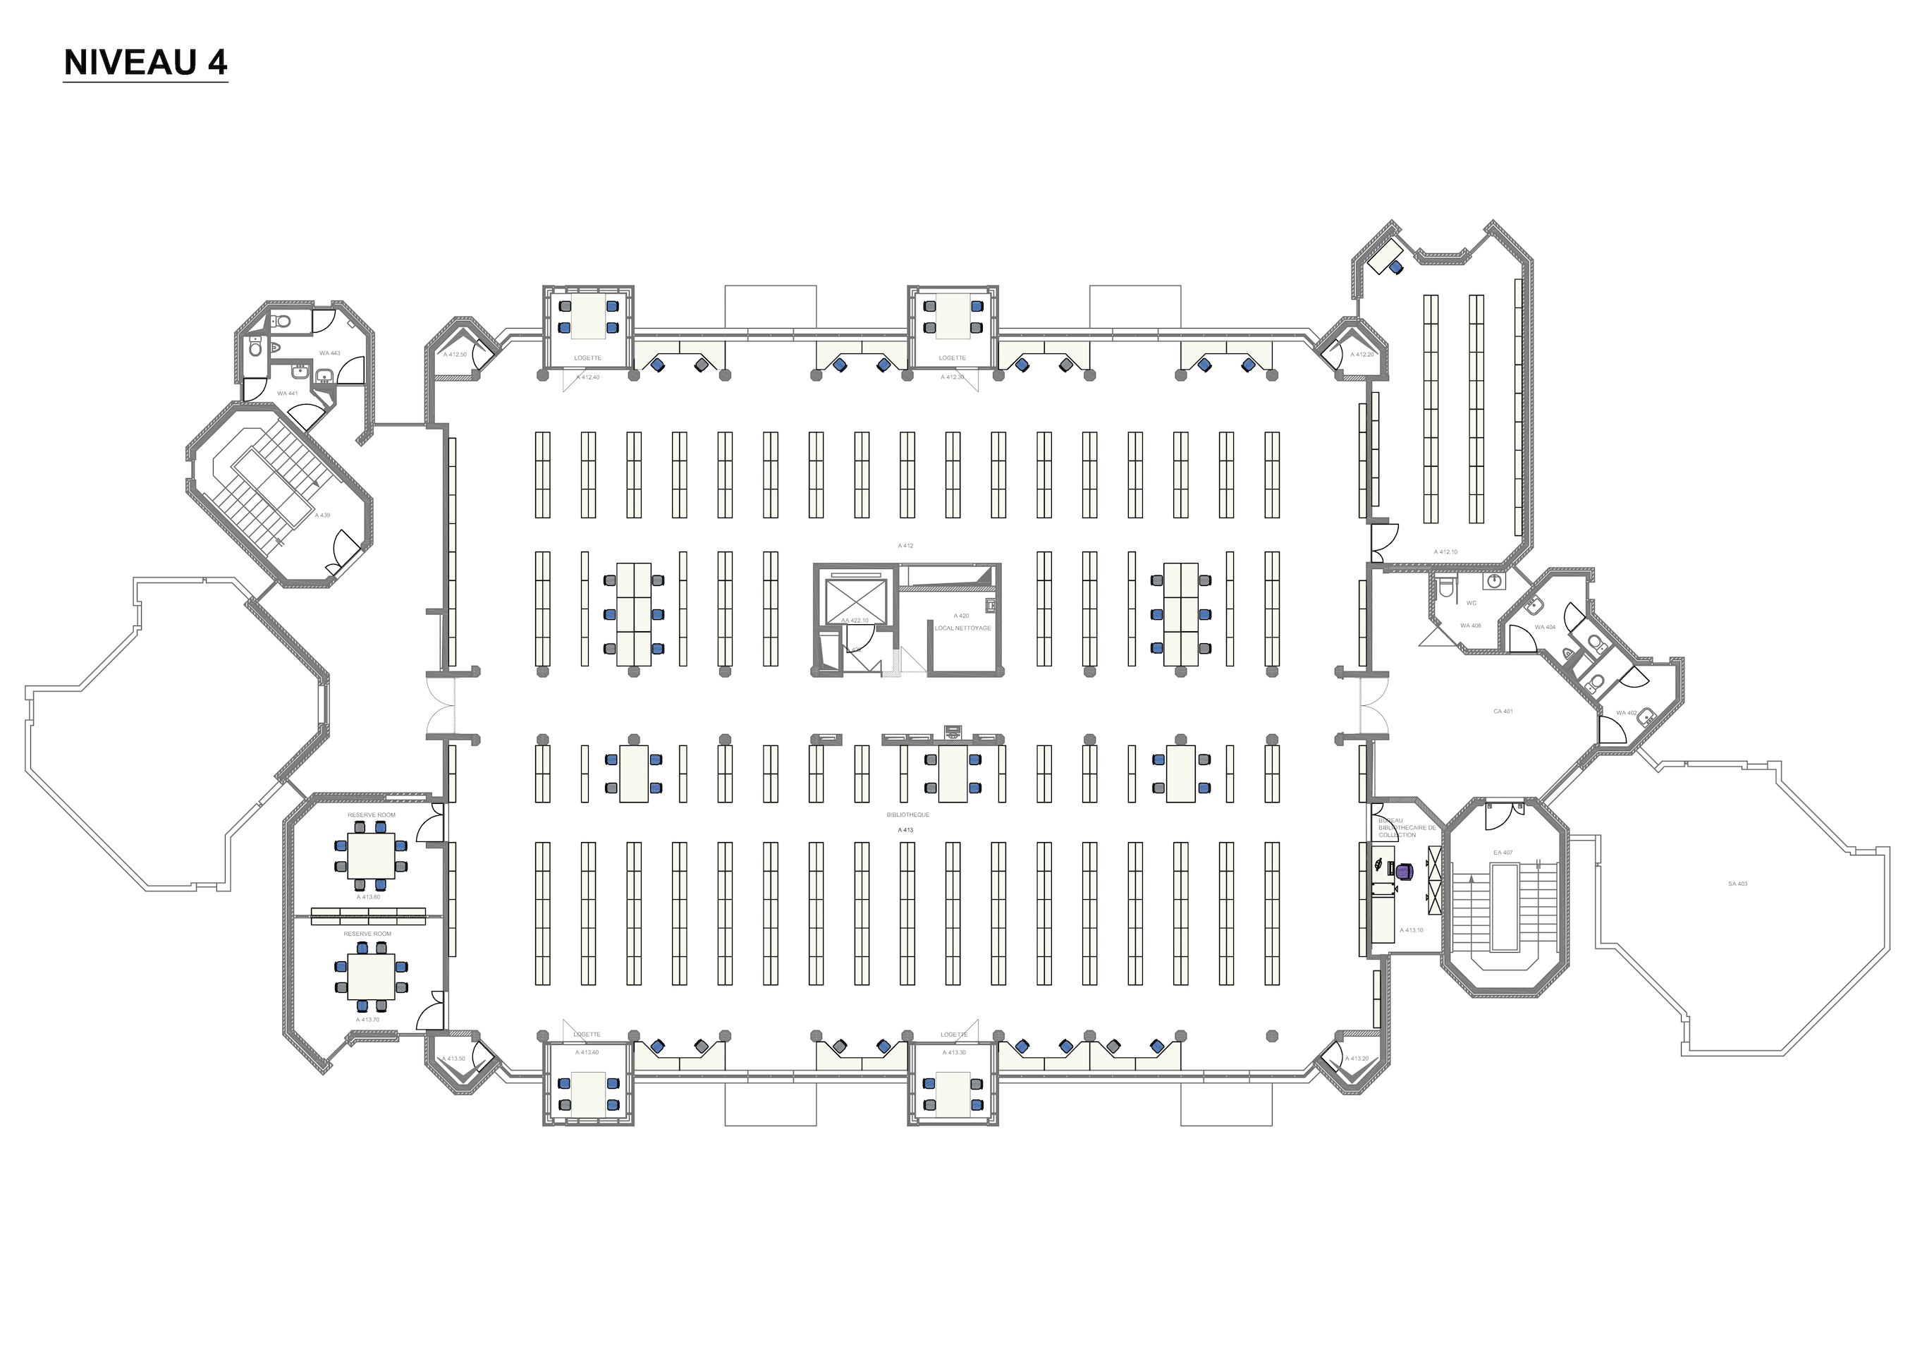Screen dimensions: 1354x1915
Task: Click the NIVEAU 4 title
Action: [x=145, y=63]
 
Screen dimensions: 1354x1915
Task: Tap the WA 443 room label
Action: [x=329, y=353]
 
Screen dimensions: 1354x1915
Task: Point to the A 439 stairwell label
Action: [x=322, y=516]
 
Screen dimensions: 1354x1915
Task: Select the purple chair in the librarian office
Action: [x=1405, y=872]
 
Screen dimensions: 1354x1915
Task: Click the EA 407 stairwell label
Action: [x=1503, y=853]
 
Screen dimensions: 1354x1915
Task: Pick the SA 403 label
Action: [x=1737, y=884]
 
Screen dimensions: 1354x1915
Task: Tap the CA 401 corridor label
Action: [x=1503, y=712]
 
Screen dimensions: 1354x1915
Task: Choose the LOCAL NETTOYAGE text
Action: [x=962, y=628]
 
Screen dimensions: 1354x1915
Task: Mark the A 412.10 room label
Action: [x=1445, y=552]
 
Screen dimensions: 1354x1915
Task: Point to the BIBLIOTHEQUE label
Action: [x=907, y=815]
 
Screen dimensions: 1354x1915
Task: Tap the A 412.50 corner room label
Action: [x=455, y=355]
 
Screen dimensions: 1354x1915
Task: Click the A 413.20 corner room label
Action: [x=1356, y=1059]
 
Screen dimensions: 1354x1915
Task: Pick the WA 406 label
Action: [x=1471, y=626]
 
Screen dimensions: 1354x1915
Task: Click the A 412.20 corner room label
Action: [x=1362, y=355]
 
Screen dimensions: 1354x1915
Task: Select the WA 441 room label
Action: [x=288, y=393]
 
